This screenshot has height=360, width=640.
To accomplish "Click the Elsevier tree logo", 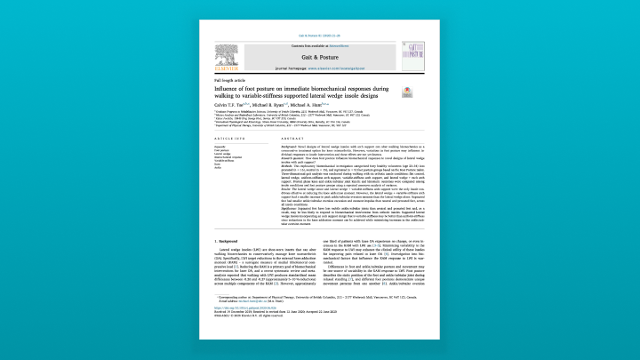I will click(226, 54).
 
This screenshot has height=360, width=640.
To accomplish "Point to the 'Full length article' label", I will click(226, 81).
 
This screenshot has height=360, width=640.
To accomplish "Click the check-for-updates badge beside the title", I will click(407, 92).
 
